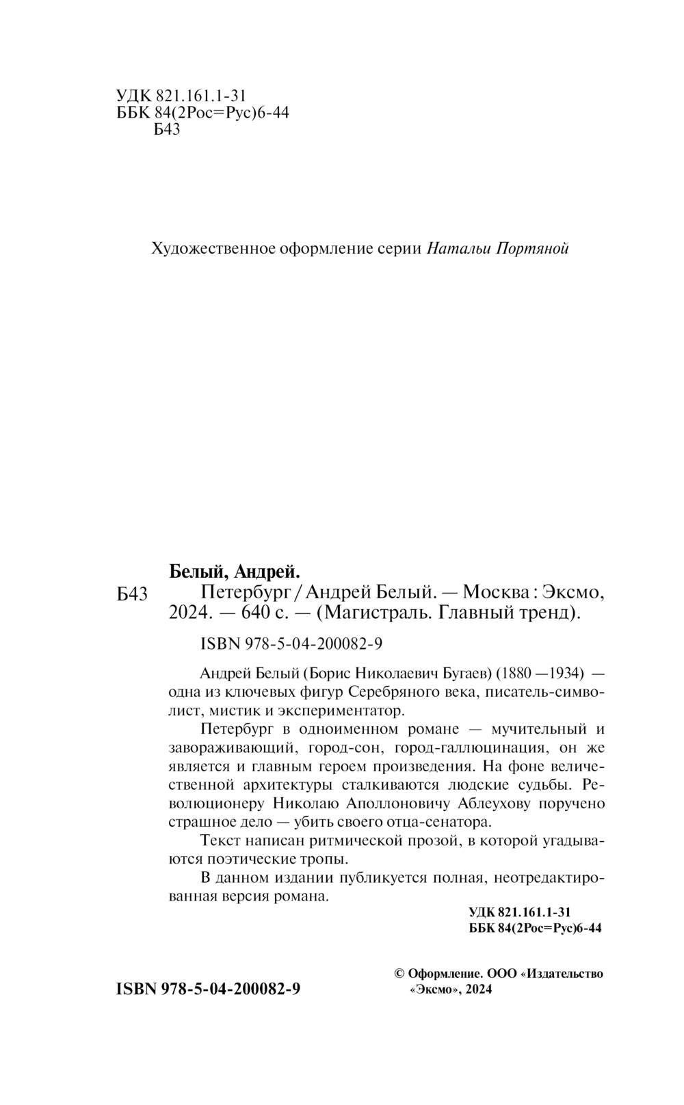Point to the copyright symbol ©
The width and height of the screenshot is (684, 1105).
coord(400,974)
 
